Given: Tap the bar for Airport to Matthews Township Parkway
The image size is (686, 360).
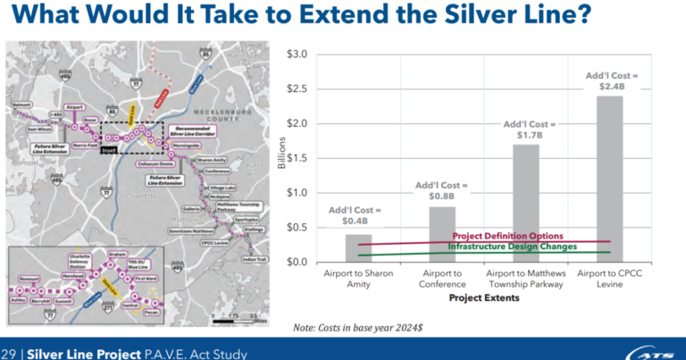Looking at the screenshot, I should pos(526,203).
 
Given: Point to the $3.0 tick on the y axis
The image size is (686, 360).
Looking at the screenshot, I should pos(295,54).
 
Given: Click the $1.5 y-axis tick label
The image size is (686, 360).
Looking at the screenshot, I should pos(295,158).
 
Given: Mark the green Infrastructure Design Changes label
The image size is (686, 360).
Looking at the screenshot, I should pos(512,246).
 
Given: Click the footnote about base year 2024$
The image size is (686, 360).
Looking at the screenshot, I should pos(358,328).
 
